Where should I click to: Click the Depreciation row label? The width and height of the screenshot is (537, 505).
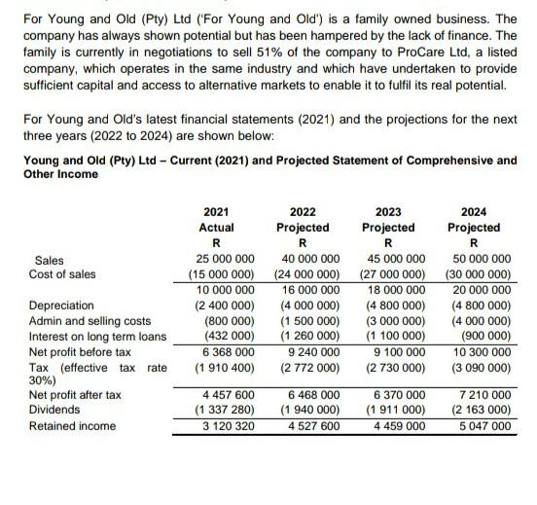coord(62,305)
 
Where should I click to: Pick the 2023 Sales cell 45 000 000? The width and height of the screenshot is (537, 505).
coord(392,259)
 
